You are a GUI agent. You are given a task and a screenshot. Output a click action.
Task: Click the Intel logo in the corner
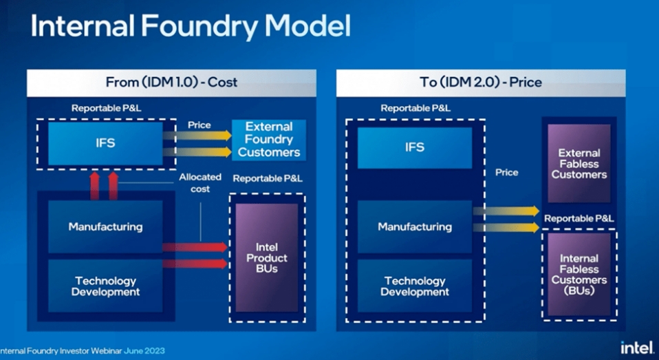coord(637,348)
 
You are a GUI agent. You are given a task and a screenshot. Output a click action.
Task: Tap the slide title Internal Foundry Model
coord(191,27)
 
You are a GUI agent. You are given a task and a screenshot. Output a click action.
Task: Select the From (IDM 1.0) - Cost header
coord(171,83)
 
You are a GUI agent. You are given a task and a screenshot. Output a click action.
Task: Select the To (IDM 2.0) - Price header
coord(480,83)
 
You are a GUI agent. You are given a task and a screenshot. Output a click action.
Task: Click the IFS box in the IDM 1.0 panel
coord(105,143)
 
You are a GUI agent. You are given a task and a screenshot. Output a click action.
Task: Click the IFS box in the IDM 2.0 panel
coord(415,147)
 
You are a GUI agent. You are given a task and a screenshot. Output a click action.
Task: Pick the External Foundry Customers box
coord(269,139)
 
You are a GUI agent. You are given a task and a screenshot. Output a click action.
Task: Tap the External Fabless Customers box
coord(579,164)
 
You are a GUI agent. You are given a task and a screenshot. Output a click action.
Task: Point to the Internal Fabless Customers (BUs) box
coord(579,275)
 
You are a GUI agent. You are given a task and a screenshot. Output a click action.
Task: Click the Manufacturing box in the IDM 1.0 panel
coord(105,226)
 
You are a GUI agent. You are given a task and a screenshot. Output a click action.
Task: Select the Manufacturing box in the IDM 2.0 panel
coord(415,226)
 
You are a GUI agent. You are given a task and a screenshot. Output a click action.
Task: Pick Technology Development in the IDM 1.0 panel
coord(105,286)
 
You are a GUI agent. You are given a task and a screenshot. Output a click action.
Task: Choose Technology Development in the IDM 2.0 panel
coord(415,286)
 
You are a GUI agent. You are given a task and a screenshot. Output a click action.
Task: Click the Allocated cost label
coord(200,182)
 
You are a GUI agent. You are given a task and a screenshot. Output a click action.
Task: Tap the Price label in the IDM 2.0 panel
coord(507,172)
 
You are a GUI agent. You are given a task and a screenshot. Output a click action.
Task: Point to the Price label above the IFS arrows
coord(199,125)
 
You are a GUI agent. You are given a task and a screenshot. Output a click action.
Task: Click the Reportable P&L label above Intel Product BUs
coord(268,179)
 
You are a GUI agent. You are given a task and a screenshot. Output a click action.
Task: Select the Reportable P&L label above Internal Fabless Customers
coord(579,219)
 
